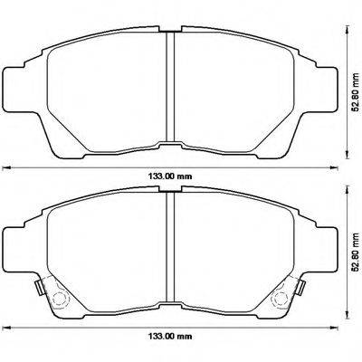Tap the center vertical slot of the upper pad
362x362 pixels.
tap(169, 90)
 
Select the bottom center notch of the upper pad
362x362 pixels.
tap(169, 145)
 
